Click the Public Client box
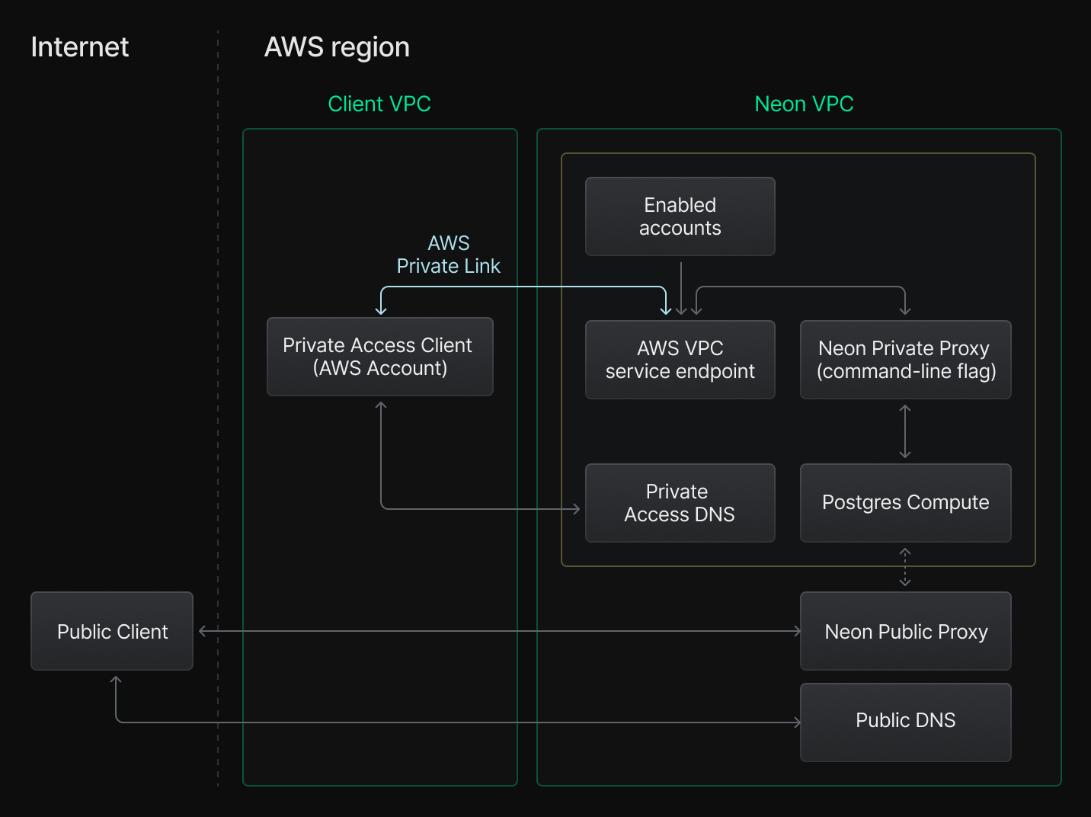(x=112, y=631)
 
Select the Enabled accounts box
(x=680, y=216)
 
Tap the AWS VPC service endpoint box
(x=680, y=360)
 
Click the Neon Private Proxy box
(x=905, y=360)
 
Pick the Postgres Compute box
(x=905, y=503)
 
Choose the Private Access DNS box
(x=680, y=503)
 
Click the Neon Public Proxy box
(x=905, y=631)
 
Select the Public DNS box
(x=905, y=721)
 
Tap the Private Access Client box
(x=379, y=357)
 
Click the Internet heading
(x=80, y=47)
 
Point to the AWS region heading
(x=337, y=47)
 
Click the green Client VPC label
(x=379, y=104)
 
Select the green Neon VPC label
(x=804, y=104)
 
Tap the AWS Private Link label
(x=448, y=255)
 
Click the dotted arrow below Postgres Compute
(x=905, y=567)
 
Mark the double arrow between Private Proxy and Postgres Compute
(x=905, y=431)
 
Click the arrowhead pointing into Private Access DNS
(x=576, y=509)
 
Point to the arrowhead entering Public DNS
(x=797, y=722)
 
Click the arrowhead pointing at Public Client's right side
(x=203, y=631)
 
